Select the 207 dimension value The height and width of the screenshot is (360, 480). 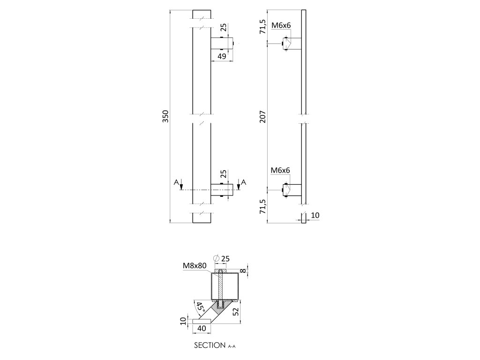point(262,116)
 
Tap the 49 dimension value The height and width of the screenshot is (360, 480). point(222,56)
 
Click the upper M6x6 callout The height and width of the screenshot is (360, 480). point(281,25)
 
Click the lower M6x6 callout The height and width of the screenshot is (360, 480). point(281,170)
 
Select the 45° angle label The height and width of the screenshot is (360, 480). point(201,307)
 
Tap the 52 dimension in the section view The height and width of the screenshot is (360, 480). point(237,310)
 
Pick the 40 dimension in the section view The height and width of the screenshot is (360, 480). point(202,329)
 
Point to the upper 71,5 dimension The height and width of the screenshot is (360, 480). point(262,26)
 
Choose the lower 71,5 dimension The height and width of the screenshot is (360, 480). point(262,206)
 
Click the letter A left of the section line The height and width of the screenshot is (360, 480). point(176,182)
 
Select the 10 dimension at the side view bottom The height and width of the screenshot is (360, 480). point(315,215)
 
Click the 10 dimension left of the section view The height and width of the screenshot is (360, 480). point(184,322)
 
